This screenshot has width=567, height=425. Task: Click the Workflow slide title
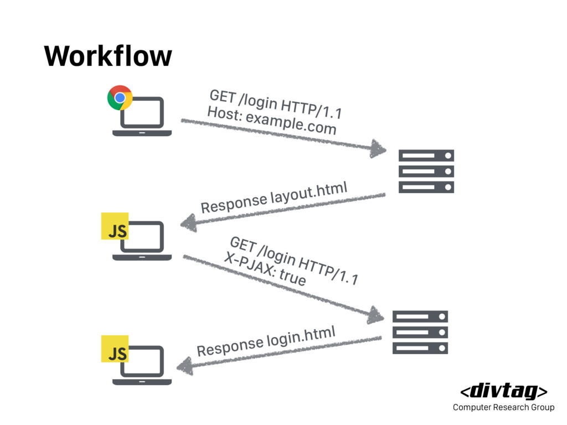[x=108, y=55]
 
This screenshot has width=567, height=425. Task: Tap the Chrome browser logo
[x=120, y=98]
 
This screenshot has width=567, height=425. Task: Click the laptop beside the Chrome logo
[x=142, y=117]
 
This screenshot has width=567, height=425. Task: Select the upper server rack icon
[x=426, y=171]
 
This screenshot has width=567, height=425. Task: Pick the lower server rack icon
[x=420, y=332]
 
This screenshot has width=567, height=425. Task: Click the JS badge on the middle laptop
[x=115, y=226]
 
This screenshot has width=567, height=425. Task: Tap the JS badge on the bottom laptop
[x=115, y=349]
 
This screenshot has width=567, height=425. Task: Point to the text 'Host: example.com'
[x=271, y=121]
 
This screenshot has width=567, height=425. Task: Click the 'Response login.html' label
[x=266, y=341]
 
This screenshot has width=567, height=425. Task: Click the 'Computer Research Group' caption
[x=503, y=408]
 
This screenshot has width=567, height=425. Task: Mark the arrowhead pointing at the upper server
[x=378, y=148]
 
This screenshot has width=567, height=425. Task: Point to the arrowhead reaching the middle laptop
[x=188, y=224]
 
